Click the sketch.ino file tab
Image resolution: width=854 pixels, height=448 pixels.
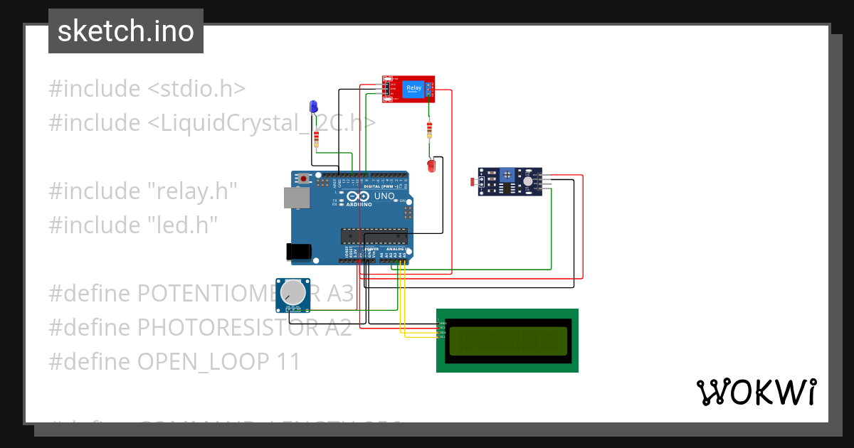(x=126, y=31)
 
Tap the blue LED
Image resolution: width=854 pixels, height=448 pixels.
(x=313, y=107)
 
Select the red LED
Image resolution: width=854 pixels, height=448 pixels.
(x=431, y=166)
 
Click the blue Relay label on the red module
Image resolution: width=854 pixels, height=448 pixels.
(x=413, y=89)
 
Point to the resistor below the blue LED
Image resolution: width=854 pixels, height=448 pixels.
(x=316, y=138)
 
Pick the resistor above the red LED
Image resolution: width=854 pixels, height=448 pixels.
(x=428, y=130)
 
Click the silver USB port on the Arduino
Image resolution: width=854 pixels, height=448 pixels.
(x=296, y=198)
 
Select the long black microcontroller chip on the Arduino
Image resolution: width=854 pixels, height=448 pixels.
(x=374, y=235)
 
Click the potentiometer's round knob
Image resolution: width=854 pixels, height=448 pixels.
(x=293, y=293)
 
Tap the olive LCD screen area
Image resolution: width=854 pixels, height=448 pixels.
(x=508, y=341)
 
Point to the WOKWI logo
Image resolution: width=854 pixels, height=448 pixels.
(x=756, y=392)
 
